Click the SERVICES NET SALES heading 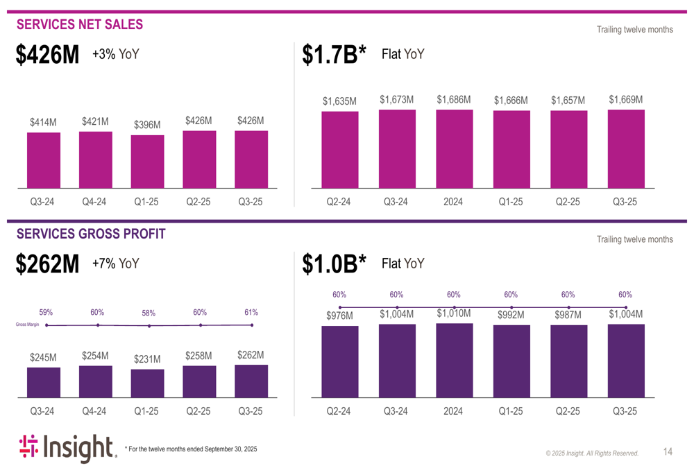[80, 25]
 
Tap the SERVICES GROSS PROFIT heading [91, 234]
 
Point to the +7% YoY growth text [115, 264]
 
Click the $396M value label [147, 125]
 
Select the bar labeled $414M [44, 160]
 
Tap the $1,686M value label [454, 100]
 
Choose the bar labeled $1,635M [340, 149]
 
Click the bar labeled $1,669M [626, 148]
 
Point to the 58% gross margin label [149, 313]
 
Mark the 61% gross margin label [251, 312]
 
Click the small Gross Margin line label [28, 325]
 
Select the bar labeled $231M [148, 383]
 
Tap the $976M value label [340, 316]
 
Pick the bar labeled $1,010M [455, 360]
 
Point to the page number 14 [668, 452]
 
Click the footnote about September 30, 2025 [191, 449]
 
